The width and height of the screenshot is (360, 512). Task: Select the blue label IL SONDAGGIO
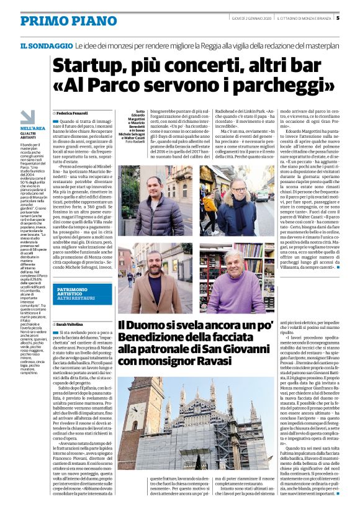pyautogui.click(x=47, y=46)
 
